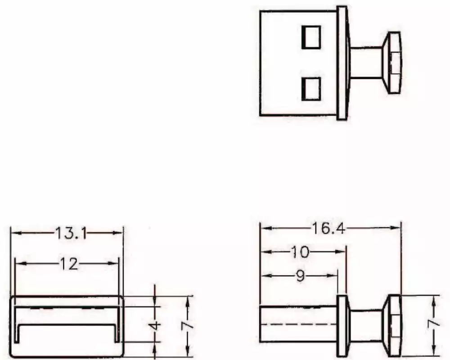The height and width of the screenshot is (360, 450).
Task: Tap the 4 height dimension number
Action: (x=155, y=325)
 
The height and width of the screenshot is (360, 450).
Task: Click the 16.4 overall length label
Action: (x=329, y=229)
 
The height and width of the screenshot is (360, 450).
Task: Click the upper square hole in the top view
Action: (x=311, y=37)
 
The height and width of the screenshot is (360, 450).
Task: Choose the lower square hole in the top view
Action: (x=311, y=88)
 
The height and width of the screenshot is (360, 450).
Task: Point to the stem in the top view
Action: (x=365, y=63)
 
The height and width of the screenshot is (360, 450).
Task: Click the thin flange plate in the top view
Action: (x=342, y=63)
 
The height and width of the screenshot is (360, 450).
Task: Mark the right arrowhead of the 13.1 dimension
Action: (x=120, y=233)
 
